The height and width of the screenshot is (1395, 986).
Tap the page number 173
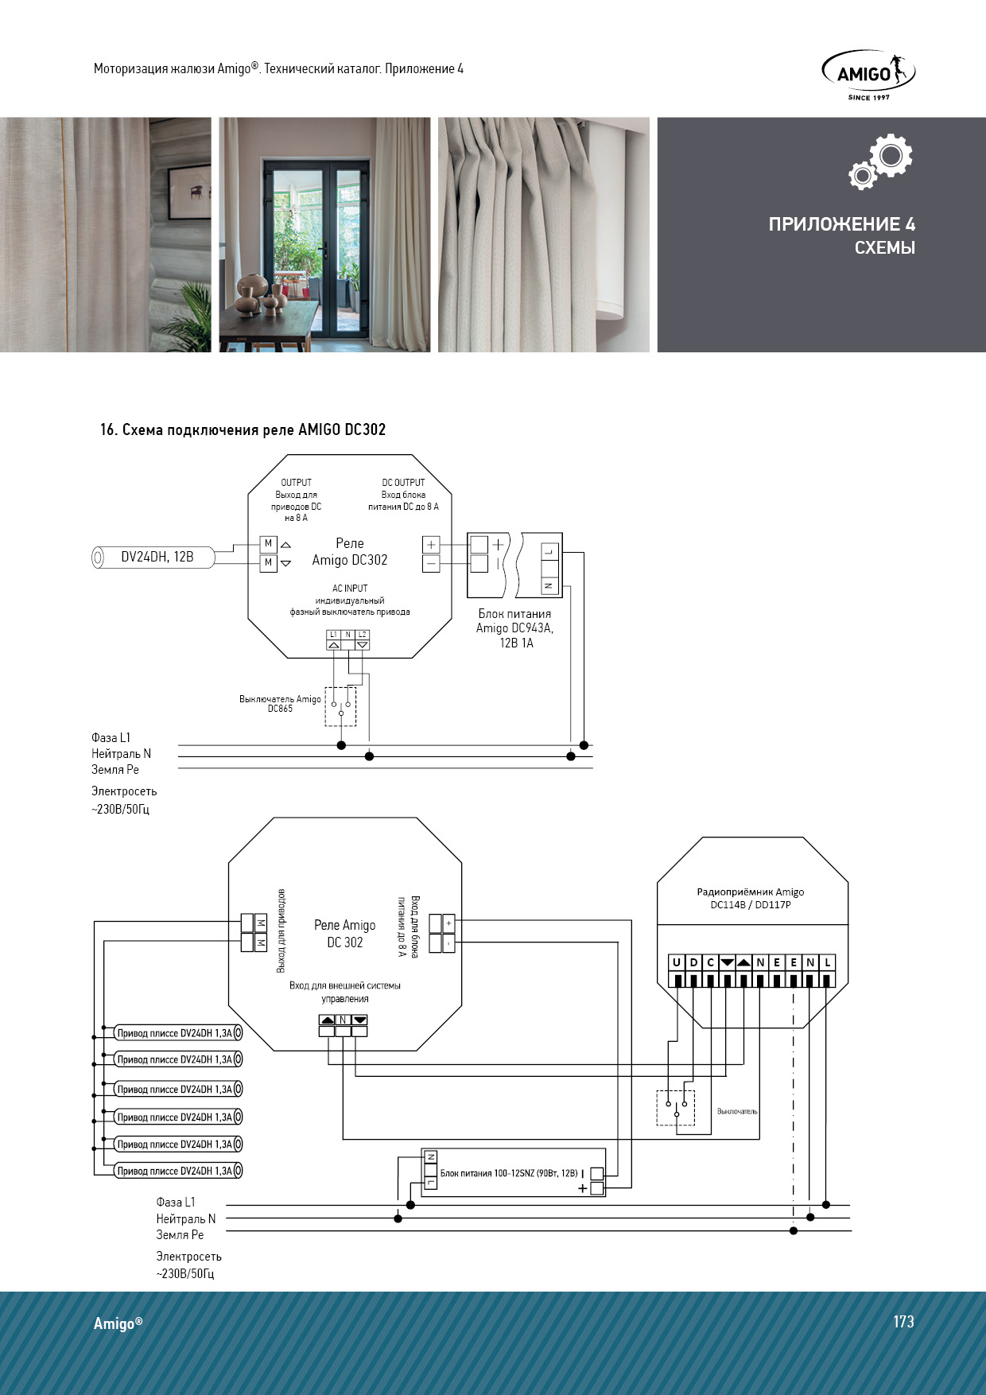(x=903, y=1322)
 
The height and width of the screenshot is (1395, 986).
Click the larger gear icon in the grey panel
(x=891, y=155)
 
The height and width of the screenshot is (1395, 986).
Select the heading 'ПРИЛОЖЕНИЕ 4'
(x=841, y=224)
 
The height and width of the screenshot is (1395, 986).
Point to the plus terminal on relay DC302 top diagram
(x=431, y=545)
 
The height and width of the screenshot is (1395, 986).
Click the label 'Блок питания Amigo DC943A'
(x=514, y=621)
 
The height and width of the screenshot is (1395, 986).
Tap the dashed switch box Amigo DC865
(x=340, y=707)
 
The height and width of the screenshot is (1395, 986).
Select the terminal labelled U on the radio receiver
(x=677, y=962)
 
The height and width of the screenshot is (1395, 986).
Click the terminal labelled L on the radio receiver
(x=827, y=962)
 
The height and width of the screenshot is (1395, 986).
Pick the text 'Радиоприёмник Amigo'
(x=750, y=892)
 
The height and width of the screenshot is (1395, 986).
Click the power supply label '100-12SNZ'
(x=509, y=1173)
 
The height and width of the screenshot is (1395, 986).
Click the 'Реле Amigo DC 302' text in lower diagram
(x=344, y=934)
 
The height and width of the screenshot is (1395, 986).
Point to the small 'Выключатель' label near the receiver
(x=737, y=1111)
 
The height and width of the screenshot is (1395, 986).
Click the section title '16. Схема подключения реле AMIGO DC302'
(x=243, y=430)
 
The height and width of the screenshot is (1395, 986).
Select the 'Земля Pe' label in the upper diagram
(x=115, y=770)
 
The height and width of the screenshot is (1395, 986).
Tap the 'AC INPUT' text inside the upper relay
(x=350, y=589)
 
